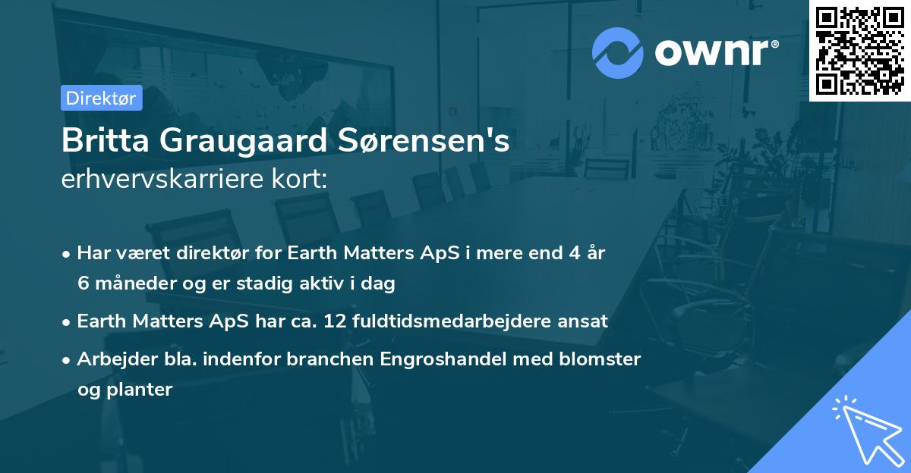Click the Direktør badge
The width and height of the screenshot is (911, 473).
(101, 98)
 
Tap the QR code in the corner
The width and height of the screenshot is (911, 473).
(860, 51)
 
